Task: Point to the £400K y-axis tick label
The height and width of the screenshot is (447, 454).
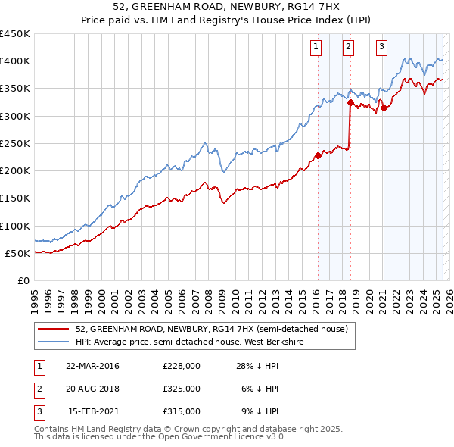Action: (x=15, y=61)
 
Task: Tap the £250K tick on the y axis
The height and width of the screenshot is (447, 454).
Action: (x=15, y=143)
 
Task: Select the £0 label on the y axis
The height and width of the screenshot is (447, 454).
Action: (x=23, y=280)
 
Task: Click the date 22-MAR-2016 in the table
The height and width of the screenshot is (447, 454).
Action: (x=92, y=366)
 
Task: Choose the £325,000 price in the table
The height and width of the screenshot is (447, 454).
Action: (x=182, y=389)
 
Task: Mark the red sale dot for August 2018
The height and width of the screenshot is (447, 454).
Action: (x=350, y=103)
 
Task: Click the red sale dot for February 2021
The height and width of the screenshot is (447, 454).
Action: (x=384, y=108)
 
